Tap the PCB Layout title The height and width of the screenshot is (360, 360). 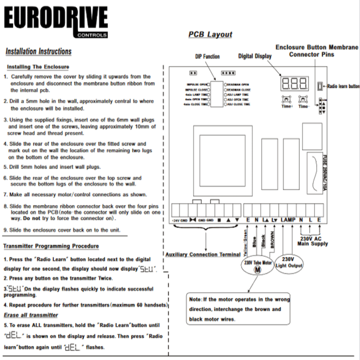(x=210, y=35)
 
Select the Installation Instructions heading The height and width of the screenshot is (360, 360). (x=38, y=51)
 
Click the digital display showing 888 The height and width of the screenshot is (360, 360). (x=295, y=82)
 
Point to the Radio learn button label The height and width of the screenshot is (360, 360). (x=343, y=85)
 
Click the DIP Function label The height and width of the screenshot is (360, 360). (x=207, y=57)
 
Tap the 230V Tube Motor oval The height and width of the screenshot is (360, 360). (x=258, y=265)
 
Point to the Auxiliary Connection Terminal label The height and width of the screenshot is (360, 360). (x=202, y=254)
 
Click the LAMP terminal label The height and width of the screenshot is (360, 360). (x=288, y=220)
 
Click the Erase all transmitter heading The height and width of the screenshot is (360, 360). (x=31, y=315)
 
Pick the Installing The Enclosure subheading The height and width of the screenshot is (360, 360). (x=38, y=67)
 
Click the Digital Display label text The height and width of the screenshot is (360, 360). (x=255, y=56)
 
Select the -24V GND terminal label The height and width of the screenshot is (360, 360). (x=180, y=220)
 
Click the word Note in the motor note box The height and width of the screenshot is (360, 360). (x=195, y=299)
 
